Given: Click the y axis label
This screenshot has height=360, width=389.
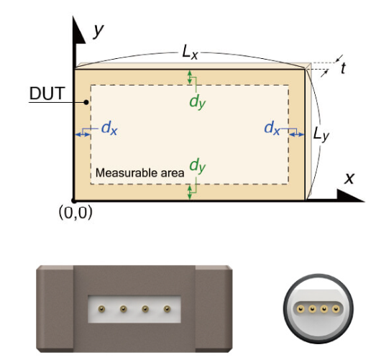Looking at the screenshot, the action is coord(99,31).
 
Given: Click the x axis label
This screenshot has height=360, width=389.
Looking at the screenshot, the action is coord(349,178).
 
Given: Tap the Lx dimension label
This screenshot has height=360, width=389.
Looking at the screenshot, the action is coord(190,52).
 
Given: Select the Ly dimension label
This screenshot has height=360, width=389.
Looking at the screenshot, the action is coord(321,134).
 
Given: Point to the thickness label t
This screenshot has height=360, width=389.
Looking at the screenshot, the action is coord(343,68).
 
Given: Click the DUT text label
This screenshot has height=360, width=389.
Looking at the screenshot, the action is coord(47,93).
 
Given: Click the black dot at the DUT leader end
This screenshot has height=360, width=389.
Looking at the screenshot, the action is coord(86,102).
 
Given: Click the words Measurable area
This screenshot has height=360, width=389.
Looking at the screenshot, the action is coord(139,172).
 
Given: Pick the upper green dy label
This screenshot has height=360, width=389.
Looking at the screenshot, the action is coord(198,102).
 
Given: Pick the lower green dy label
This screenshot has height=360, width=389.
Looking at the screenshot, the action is coord(198,165).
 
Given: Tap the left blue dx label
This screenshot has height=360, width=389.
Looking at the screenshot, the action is coord(109,129).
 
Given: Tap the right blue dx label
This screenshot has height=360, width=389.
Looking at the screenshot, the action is coord(272,129).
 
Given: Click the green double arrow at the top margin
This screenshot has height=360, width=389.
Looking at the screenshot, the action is coord(190,77).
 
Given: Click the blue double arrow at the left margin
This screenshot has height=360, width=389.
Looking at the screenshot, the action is coord(83,134).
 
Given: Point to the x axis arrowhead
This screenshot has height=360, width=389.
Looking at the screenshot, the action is coord(350,196).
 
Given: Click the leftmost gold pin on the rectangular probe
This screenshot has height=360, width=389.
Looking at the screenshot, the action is coord(101,309).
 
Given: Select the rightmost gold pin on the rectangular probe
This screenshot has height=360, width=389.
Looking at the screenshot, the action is coord(168,309).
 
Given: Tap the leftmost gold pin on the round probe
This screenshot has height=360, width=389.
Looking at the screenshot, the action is coord(301,309).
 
